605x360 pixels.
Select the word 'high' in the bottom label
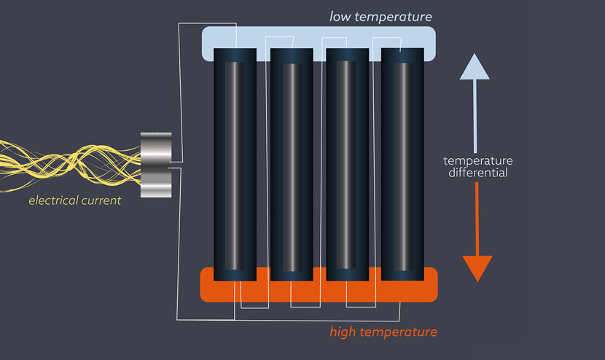[343, 332]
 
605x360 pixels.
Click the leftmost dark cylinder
[235, 164]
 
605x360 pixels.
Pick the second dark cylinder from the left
[292, 164]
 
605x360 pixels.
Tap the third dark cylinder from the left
[347, 164]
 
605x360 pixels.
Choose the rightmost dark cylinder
[402, 164]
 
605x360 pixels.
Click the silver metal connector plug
[155, 165]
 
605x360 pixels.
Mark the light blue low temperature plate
[319, 36]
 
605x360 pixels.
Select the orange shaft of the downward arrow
[477, 219]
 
